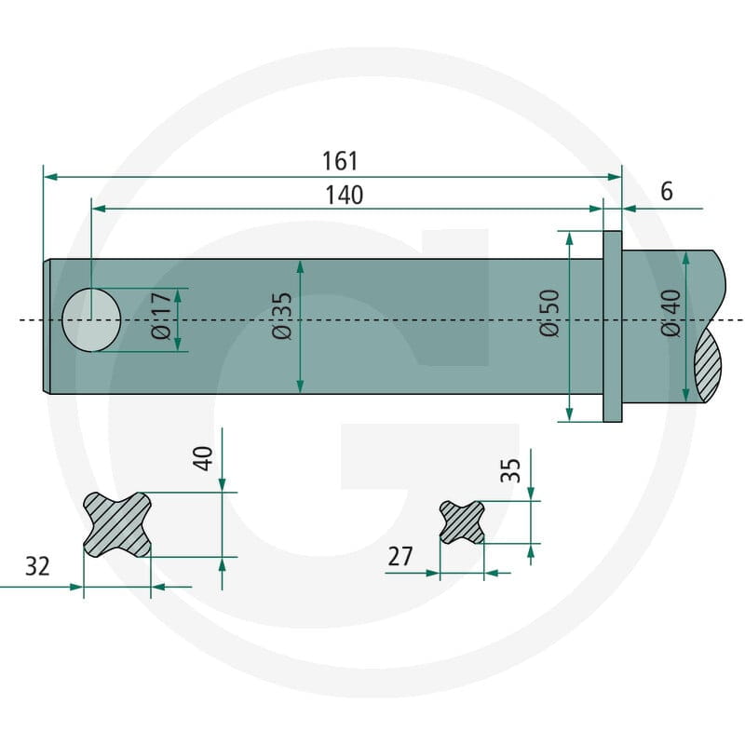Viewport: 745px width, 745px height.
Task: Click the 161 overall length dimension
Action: pyautogui.click(x=340, y=161)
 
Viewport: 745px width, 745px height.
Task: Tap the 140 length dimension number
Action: pyautogui.click(x=344, y=196)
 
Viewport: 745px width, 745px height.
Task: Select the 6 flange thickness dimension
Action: pyautogui.click(x=667, y=191)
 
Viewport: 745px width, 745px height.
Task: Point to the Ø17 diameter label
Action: pyautogui.click(x=160, y=316)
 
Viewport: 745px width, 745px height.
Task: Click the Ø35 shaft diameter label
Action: pyautogui.click(x=282, y=316)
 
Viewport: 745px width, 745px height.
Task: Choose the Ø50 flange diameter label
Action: pyautogui.click(x=549, y=313)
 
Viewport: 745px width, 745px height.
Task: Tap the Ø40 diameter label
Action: pyautogui.click(x=670, y=313)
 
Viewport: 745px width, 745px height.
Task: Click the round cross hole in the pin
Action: pyautogui.click(x=91, y=319)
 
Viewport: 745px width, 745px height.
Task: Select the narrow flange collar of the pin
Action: pyautogui.click(x=613, y=327)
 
